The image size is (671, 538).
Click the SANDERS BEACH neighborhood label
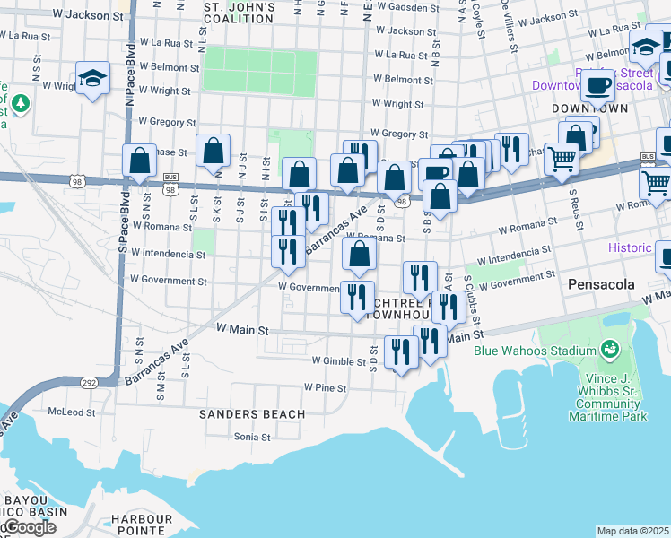(252, 414)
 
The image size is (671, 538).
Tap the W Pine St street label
(325, 387)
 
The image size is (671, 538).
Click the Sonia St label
(252, 438)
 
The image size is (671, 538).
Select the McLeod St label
(72, 412)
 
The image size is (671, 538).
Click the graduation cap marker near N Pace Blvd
(93, 80)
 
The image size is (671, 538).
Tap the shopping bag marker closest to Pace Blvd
(140, 161)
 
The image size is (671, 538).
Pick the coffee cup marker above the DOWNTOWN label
(597, 88)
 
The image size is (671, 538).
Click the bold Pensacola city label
(602, 284)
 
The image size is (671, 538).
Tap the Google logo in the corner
(29, 528)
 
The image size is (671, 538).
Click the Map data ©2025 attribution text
(633, 531)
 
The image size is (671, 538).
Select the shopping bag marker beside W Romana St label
(359, 256)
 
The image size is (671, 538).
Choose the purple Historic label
(635, 247)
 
